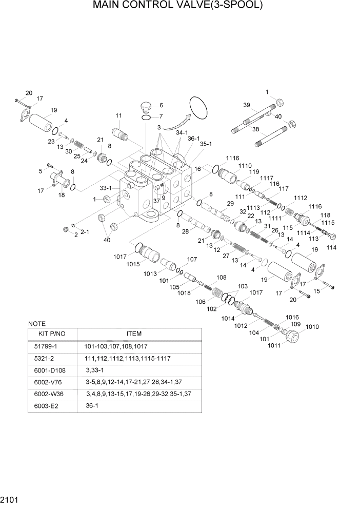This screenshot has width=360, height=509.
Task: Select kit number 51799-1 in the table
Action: pos(46,346)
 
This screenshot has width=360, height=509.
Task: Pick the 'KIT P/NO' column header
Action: pos(51,334)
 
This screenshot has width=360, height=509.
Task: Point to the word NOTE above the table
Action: pos(36,324)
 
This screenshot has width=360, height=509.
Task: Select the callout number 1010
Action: pos(312,327)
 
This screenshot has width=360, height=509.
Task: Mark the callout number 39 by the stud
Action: pos(247,105)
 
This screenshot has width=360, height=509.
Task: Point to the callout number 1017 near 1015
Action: pos(120,257)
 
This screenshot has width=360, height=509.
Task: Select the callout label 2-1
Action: pos(85,231)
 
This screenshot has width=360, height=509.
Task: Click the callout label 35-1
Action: pos(206,145)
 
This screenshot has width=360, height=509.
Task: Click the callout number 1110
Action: pos(245,166)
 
